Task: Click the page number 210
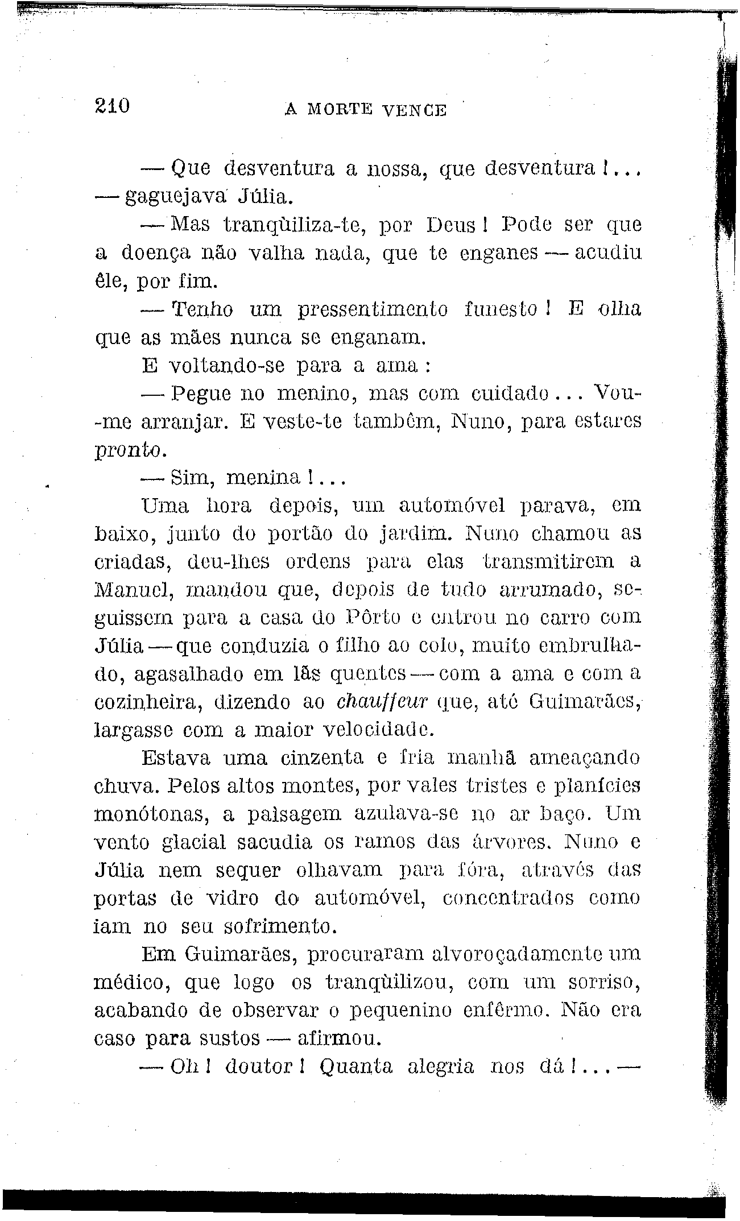(113, 106)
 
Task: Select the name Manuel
(133, 590)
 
